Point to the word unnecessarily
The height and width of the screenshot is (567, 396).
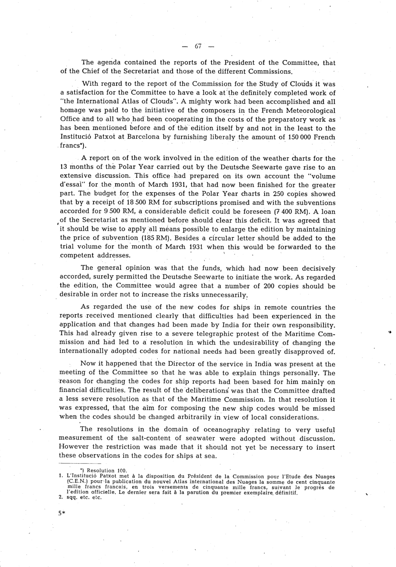(225, 295)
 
